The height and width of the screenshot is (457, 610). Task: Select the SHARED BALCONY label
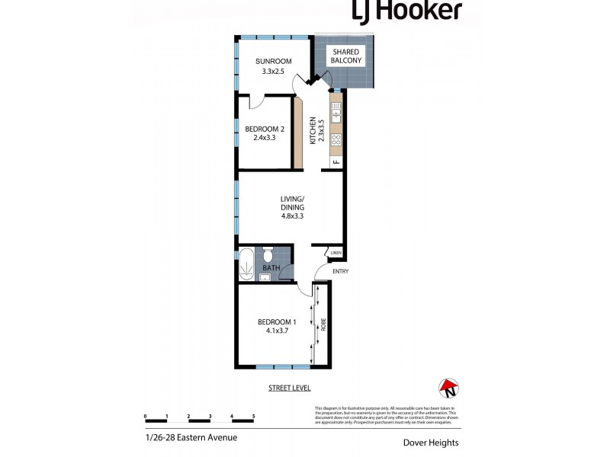345,56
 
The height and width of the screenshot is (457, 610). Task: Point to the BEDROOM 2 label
260,129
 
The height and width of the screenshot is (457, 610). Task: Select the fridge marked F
335,161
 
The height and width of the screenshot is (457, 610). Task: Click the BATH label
271,268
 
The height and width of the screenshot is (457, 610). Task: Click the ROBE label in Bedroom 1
323,324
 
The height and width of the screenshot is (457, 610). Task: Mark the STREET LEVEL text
289,388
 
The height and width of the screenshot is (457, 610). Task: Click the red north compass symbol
448,388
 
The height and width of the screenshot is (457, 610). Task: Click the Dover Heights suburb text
432,440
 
